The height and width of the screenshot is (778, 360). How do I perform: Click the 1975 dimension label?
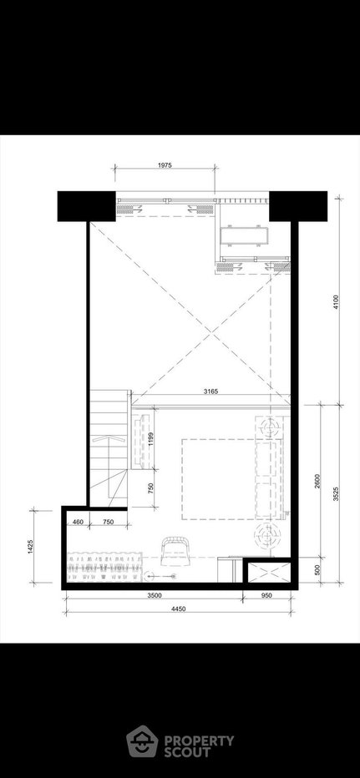(x=165, y=166)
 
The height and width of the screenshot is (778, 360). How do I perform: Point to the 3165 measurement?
(x=211, y=392)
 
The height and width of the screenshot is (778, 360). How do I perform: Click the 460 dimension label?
(x=78, y=522)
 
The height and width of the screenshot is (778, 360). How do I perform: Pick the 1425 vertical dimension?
(x=31, y=546)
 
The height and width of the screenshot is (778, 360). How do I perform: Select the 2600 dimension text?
(x=317, y=482)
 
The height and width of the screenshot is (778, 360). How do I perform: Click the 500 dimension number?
(x=317, y=570)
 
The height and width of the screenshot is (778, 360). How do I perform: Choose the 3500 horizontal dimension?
(x=155, y=596)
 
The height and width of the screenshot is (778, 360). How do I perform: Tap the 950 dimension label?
(x=266, y=596)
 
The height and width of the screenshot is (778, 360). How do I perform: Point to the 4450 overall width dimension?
(x=178, y=609)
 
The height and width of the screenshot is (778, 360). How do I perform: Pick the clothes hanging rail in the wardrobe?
(x=104, y=566)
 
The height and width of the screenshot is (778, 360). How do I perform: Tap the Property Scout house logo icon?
(x=142, y=741)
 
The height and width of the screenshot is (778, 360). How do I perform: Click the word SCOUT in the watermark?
(x=187, y=751)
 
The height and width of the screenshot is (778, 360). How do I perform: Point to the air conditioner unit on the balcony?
(x=244, y=235)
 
